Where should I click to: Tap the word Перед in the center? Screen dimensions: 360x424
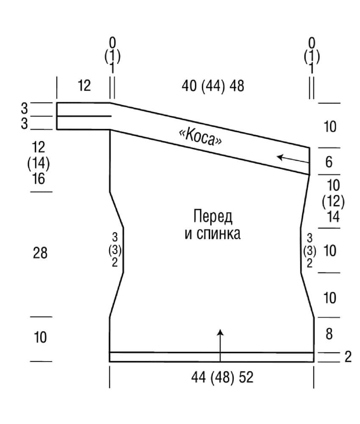(x=213, y=217)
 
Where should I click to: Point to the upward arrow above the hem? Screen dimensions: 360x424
(x=220, y=346)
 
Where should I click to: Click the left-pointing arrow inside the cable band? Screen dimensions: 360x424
(x=293, y=159)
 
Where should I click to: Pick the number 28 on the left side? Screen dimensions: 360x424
(x=40, y=253)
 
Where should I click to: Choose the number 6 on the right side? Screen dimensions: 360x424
(x=329, y=162)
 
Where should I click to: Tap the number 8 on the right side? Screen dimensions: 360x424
(x=329, y=334)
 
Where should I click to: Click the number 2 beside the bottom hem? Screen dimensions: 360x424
(x=348, y=357)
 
